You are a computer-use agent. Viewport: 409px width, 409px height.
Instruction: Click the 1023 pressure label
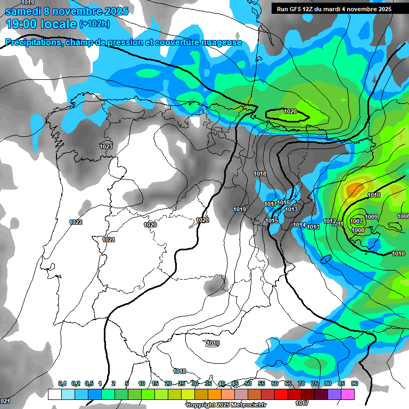[x=106, y=146]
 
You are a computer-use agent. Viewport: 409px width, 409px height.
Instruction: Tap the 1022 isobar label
[x=76, y=222]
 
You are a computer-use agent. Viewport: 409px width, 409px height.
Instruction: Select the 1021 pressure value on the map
[x=109, y=240]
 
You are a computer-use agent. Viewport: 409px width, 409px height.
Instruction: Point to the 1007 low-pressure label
[x=357, y=221]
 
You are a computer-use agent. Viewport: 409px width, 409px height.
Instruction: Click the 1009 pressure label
[x=371, y=217]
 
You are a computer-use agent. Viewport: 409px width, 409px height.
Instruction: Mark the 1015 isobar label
[x=272, y=220]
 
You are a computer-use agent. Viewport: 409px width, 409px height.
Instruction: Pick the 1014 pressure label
[x=299, y=225]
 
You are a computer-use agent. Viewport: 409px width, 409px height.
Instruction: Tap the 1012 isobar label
[x=330, y=221]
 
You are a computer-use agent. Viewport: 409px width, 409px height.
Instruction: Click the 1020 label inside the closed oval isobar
[x=290, y=111]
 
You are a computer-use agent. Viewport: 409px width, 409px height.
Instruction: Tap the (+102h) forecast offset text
[x=94, y=24]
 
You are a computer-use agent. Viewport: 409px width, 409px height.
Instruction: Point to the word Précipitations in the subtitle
[x=32, y=43]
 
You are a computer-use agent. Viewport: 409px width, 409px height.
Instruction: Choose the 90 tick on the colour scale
[x=354, y=383]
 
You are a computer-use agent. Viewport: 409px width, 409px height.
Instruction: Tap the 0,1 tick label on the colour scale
[x=62, y=383]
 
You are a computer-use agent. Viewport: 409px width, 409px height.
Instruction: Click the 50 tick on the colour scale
[x=248, y=383]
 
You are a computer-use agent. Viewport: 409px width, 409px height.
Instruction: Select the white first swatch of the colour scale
[x=54, y=394]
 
